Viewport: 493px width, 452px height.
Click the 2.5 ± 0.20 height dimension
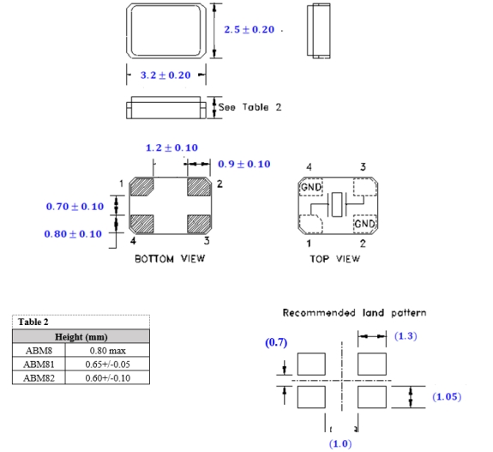coord(249,29)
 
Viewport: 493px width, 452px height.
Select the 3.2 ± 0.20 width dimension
coord(165,75)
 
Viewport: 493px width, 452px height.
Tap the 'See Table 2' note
coord(250,107)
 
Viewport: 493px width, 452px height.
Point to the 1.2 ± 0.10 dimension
coord(171,148)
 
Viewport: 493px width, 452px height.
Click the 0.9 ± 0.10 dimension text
coord(244,164)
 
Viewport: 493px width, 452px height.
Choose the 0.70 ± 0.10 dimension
coord(75,207)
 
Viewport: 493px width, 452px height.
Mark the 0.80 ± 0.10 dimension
coord(73,233)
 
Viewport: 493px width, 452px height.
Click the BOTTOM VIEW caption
coord(170,258)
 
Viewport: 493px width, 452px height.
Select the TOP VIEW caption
coord(335,258)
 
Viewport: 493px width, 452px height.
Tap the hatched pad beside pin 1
coord(141,187)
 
